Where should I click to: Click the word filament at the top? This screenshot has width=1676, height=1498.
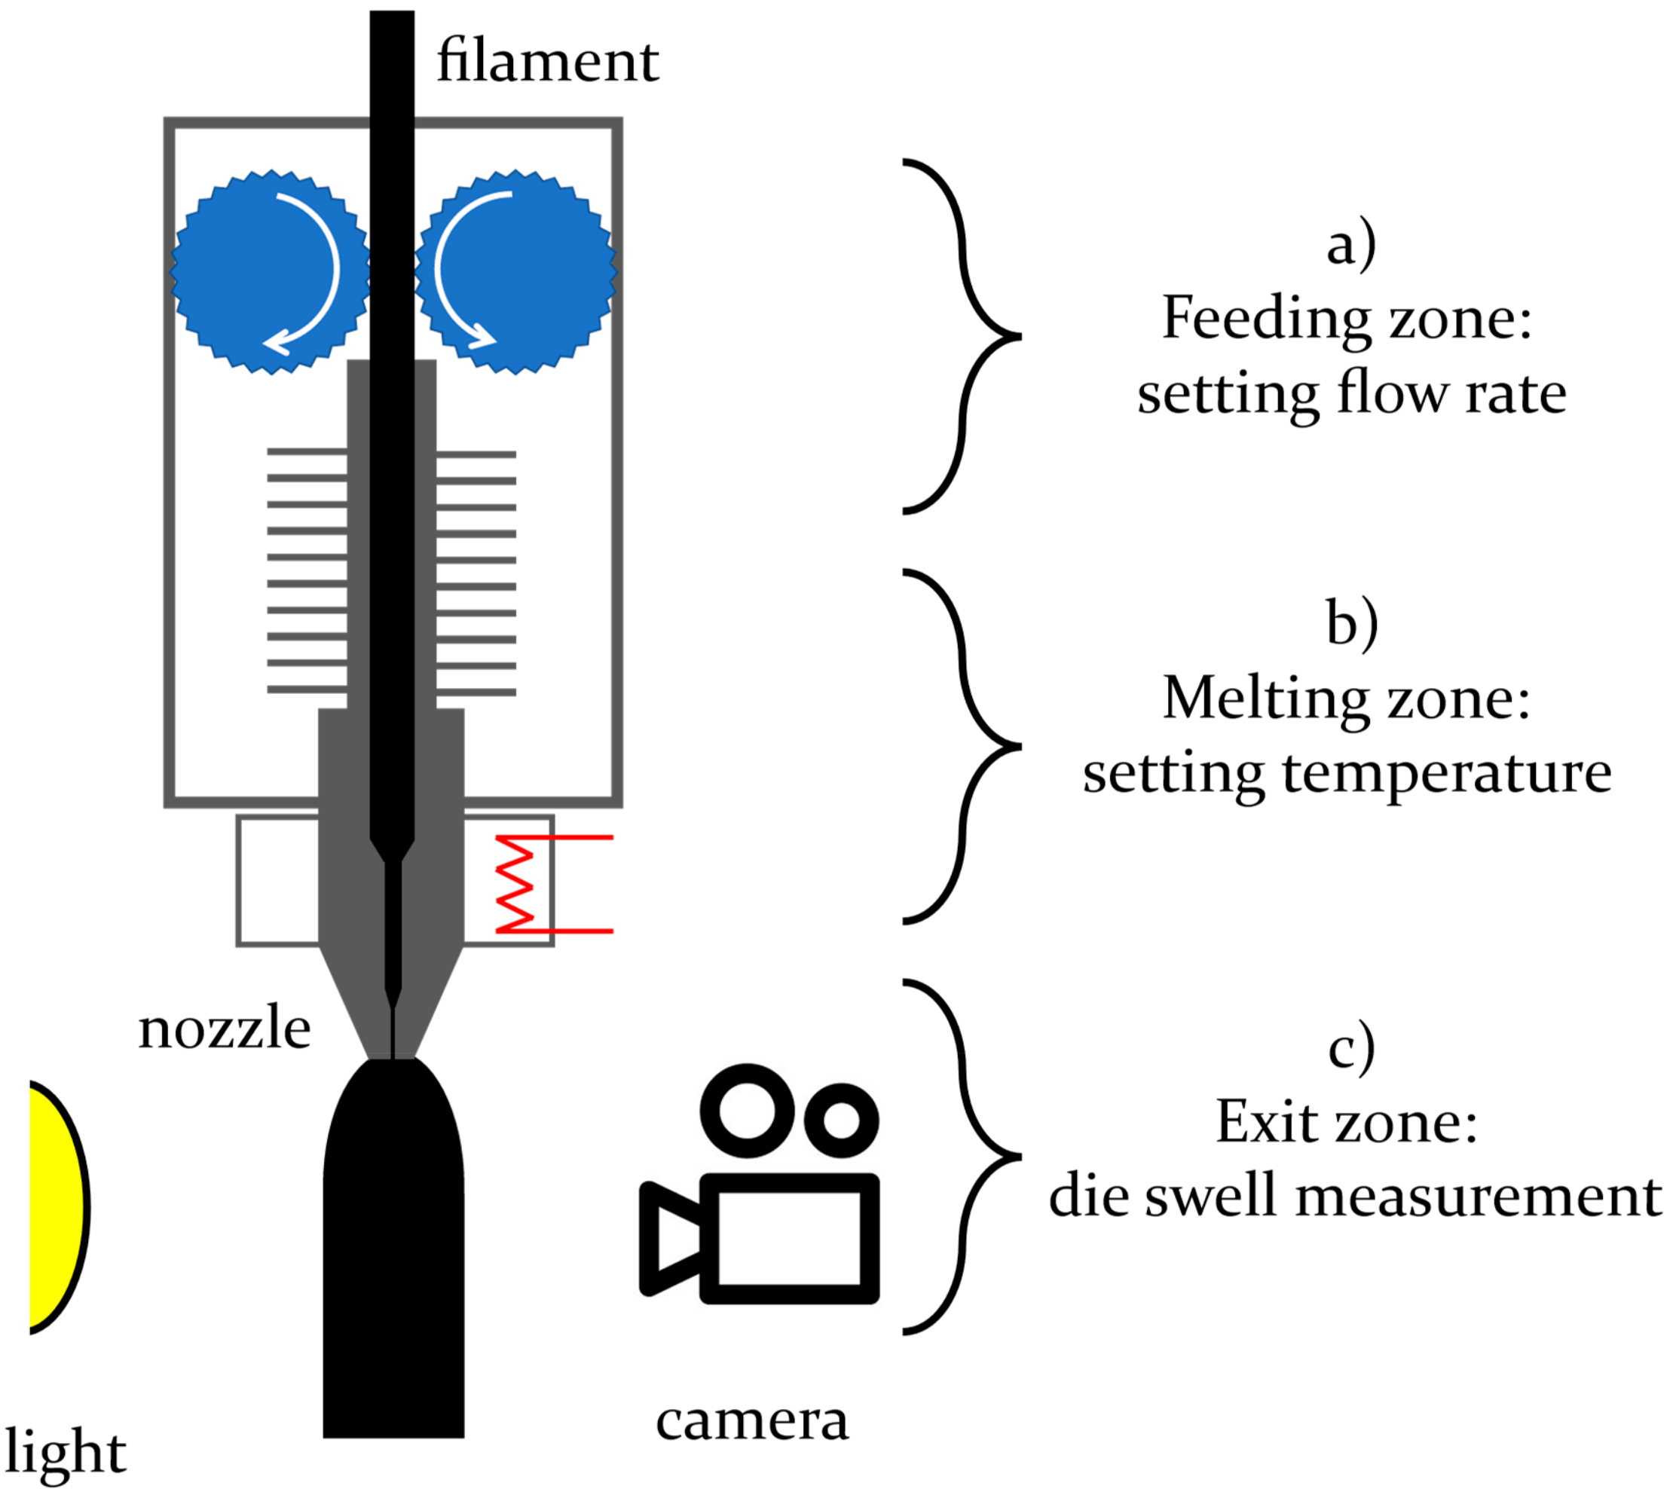click(547, 62)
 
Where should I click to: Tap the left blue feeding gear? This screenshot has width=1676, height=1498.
click(270, 271)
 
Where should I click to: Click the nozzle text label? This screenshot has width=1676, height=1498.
click(224, 1029)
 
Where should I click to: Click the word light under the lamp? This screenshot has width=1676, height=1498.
click(66, 1451)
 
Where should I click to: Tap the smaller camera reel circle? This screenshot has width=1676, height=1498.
click(841, 1120)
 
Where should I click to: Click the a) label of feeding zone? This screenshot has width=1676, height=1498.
click(1351, 244)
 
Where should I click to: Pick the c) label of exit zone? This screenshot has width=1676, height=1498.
click(1351, 1047)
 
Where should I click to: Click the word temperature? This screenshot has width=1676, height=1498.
click(1446, 774)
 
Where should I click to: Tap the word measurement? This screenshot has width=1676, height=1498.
click(1479, 1196)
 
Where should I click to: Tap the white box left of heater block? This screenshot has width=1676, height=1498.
click(277, 880)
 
